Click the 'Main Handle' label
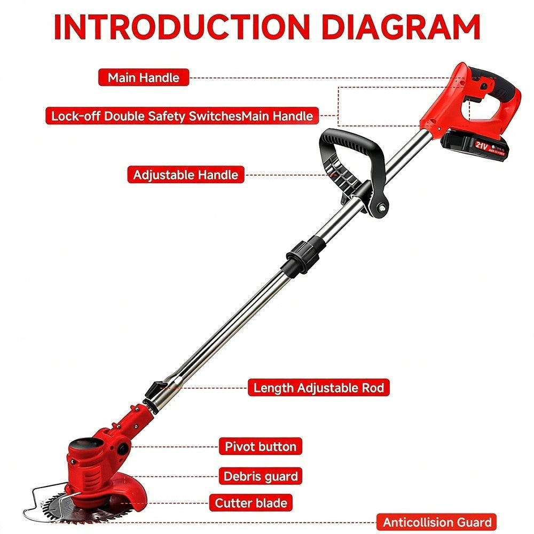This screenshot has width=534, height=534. (x=143, y=77)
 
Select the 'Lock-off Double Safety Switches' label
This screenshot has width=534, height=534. (x=182, y=116)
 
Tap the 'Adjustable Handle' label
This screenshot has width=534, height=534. (x=186, y=175)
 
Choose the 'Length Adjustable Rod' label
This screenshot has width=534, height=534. (x=318, y=388)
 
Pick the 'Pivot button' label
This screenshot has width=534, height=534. (x=261, y=446)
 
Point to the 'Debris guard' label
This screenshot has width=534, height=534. (x=261, y=476)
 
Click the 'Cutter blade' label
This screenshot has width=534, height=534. (x=251, y=503)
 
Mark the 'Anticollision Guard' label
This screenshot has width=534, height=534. (x=437, y=522)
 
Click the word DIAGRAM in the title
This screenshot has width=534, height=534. (x=401, y=27)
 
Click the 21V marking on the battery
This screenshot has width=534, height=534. (x=481, y=145)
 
